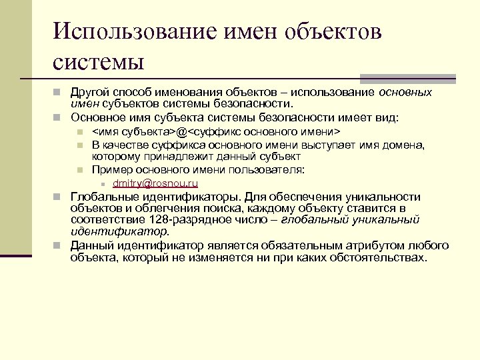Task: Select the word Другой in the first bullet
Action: point(89,93)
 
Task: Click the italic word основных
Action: point(405,93)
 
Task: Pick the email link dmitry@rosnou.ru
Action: point(155,183)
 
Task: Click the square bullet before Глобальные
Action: point(58,197)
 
